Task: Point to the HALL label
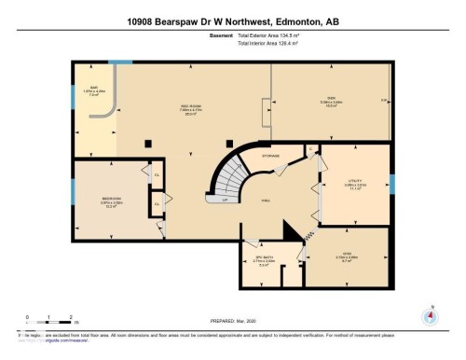tap(266, 200)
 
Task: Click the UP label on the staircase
tap(225, 199)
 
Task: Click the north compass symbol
tap(431, 315)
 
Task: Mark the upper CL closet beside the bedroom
tap(158, 174)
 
